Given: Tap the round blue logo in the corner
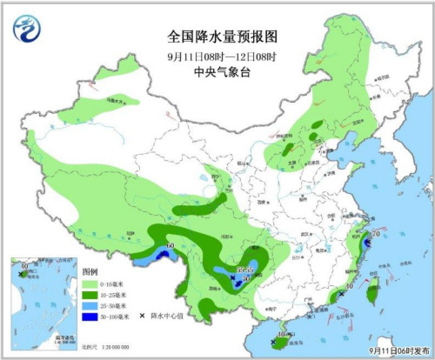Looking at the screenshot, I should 29,31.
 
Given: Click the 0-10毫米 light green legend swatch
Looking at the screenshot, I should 90,283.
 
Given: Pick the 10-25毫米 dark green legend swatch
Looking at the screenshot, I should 90,295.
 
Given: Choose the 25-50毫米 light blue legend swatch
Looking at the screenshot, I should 90,306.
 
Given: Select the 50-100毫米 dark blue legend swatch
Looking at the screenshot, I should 90,317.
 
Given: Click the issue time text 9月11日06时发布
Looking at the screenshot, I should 397,350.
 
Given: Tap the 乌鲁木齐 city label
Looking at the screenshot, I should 113,101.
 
